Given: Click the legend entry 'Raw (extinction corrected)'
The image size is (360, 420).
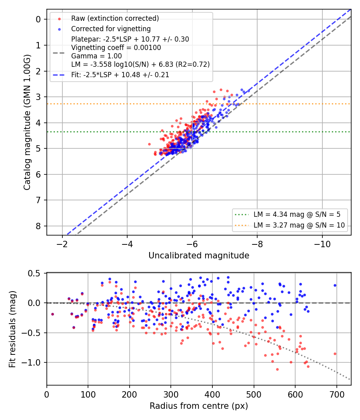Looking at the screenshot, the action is [x=115, y=18].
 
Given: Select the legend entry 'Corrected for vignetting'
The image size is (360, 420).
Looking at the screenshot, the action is [x=111, y=29].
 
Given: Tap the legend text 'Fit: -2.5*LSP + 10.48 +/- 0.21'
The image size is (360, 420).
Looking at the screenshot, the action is [x=120, y=75].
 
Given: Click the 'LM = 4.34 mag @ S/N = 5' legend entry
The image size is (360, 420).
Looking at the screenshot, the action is [x=297, y=214].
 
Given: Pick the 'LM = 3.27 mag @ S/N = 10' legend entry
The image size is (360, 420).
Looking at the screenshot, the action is [x=299, y=225].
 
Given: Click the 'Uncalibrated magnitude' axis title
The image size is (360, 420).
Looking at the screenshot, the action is [x=199, y=256].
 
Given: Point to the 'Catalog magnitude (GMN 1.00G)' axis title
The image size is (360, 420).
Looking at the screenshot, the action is [x=27, y=122].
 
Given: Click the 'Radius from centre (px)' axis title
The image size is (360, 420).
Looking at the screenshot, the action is [x=199, y=406].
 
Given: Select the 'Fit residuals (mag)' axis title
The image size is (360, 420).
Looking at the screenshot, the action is [x=12, y=329].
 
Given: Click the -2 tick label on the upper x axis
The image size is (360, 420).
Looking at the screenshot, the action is [x=62, y=244].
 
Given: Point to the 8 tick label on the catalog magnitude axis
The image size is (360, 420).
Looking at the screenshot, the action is [x=38, y=226].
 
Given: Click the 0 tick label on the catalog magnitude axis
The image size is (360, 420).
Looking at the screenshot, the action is [x=38, y=19].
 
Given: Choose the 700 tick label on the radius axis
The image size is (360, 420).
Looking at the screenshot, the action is [x=336, y=394].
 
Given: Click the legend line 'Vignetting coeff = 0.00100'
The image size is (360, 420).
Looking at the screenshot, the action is [x=116, y=48].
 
